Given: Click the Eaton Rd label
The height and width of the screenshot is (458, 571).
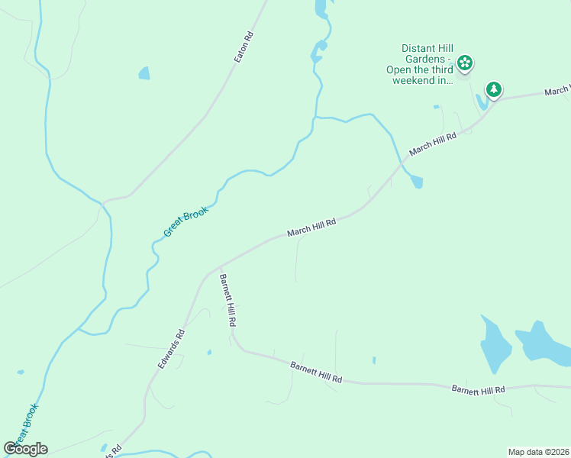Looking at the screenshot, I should (244, 47).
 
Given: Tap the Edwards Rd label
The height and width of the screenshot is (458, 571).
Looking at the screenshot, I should (172, 350).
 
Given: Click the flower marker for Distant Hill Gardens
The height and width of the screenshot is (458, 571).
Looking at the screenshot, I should (464, 63).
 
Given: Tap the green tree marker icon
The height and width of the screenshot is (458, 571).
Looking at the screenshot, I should (494, 89).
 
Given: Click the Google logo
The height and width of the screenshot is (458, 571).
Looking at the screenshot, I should (25, 449).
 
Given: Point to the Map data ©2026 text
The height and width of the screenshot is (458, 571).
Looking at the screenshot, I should (538, 452).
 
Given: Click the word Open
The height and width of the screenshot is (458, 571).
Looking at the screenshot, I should (399, 69).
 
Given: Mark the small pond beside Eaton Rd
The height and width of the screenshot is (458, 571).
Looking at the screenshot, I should (144, 73).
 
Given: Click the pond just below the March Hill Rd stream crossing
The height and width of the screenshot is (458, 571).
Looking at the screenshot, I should (415, 182).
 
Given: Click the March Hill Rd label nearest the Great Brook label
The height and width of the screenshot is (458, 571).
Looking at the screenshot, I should (311, 227).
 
